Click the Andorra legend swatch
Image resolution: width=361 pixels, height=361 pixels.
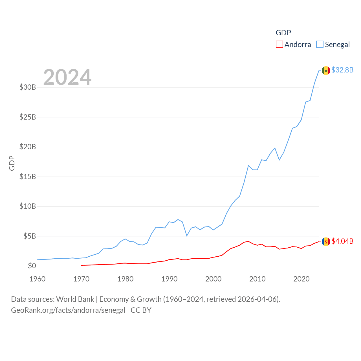coord(279,45)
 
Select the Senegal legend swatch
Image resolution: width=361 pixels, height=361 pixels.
coord(320,45)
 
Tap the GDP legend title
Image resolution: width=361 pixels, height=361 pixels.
coord(283,33)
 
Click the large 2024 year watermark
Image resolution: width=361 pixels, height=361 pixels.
coord(67,77)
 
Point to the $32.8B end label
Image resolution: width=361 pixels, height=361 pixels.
coord(342,70)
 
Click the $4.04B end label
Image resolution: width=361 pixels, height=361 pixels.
coord(342,241)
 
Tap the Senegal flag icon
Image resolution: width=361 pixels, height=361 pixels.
coord(326,71)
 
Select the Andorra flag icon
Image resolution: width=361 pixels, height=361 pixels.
coord(326,241)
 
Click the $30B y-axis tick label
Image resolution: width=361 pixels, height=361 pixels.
coord(28,87)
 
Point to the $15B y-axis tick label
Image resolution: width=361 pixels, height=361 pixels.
coord(28,177)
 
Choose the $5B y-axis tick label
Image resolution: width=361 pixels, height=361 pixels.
coord(30,236)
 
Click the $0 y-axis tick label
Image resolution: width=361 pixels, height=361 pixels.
coord(32,266)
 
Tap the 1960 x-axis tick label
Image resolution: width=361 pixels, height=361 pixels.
coord(38,279)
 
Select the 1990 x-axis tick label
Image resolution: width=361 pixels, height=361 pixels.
coord(170,279)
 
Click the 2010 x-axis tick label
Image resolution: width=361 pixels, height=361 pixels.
coord(257,279)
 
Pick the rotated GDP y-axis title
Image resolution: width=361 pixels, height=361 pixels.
coord(12,163)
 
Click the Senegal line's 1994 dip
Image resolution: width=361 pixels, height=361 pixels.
coord(187,235)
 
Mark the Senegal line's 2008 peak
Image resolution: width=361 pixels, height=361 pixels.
coord(248,166)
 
